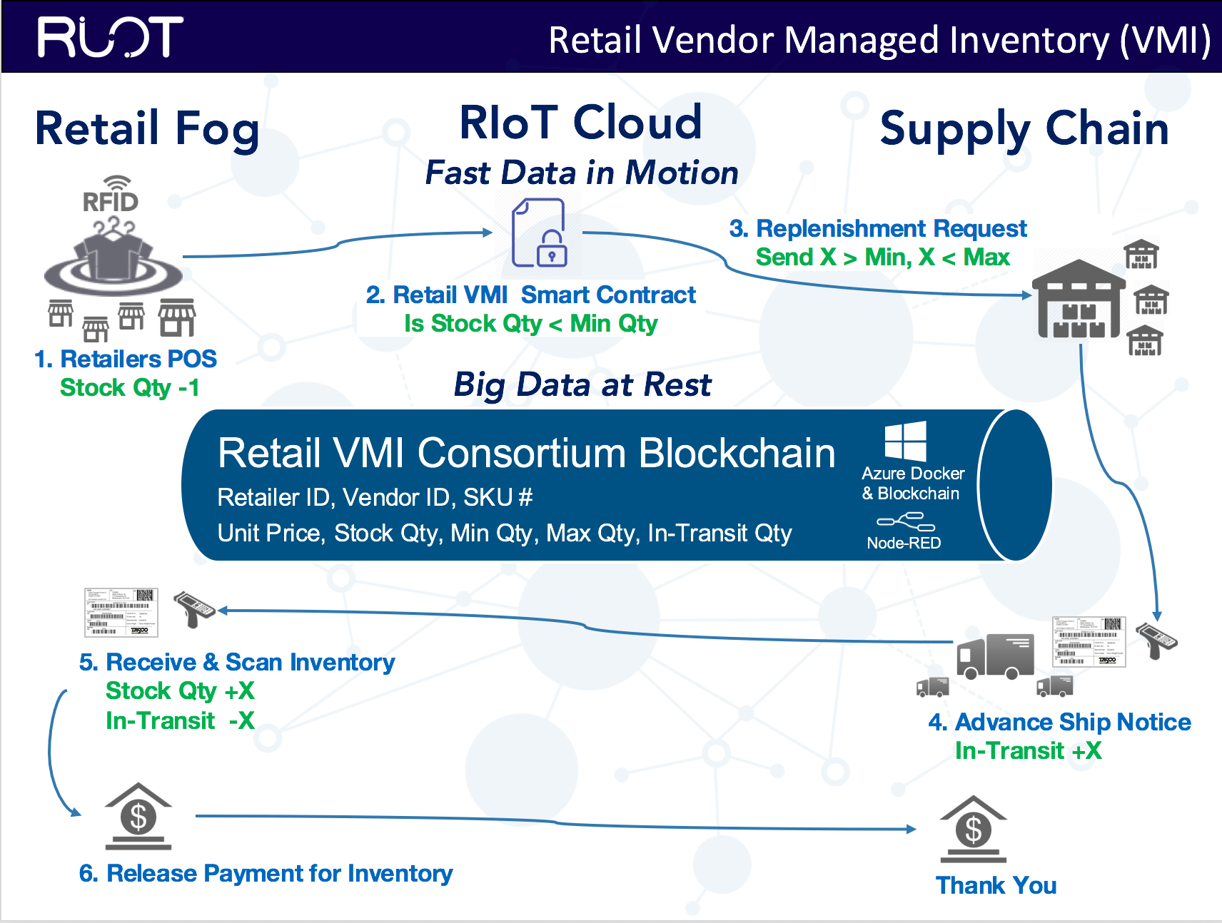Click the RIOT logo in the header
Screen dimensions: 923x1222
tap(111, 37)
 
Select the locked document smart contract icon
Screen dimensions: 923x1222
tap(540, 233)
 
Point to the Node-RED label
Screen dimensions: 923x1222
tap(904, 543)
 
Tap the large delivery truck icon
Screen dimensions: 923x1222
tap(995, 656)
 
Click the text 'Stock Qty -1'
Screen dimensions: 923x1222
tap(129, 388)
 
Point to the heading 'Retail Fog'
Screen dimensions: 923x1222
tap(147, 129)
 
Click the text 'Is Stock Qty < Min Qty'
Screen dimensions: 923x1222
tap(530, 324)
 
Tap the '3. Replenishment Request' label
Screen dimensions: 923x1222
tap(877, 228)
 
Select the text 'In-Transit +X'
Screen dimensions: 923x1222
tap(1028, 751)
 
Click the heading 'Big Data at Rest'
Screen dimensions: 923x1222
tap(582, 385)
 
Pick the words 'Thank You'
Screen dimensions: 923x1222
tap(996, 885)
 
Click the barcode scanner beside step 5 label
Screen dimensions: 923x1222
tap(193, 608)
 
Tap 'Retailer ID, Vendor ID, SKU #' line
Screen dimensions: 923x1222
tap(375, 497)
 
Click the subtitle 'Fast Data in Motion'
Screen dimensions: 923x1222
tap(582, 173)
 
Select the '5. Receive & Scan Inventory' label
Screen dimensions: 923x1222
tap(237, 663)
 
